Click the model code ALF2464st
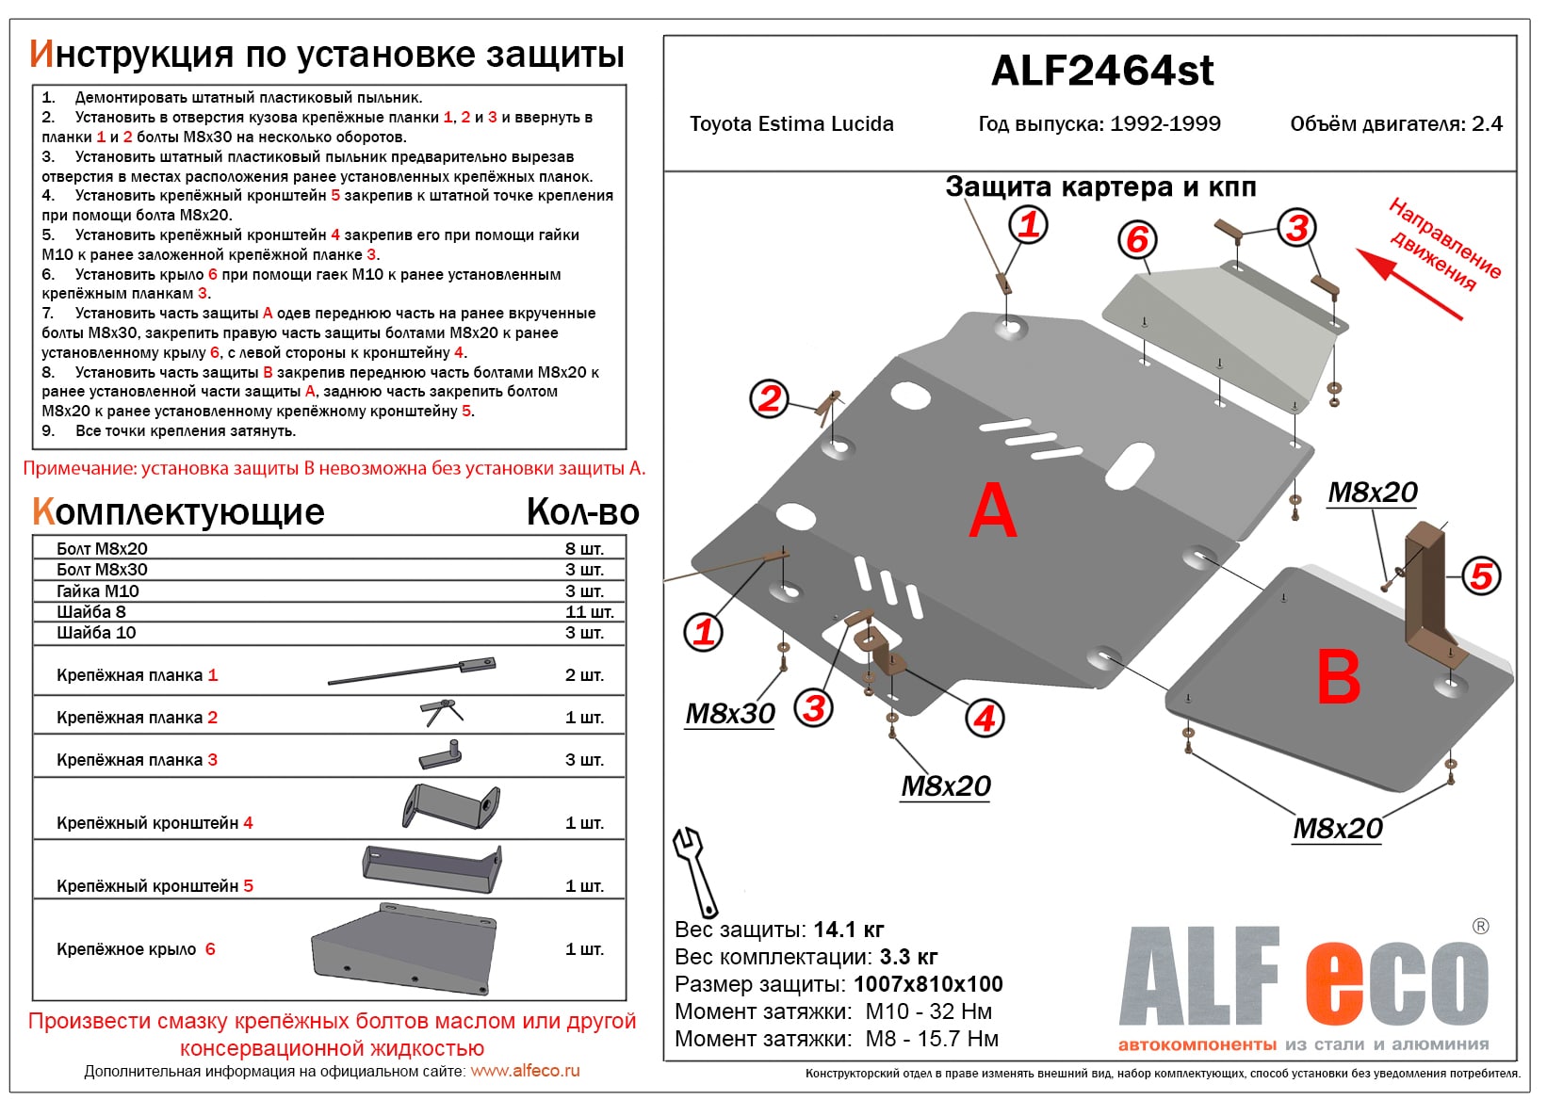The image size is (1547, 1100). pyautogui.click(x=1101, y=72)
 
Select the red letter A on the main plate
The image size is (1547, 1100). pyautogui.click(x=992, y=511)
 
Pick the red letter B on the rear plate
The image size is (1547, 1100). pyautogui.click(x=1338, y=677)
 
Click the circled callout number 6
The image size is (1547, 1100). pyautogui.click(x=1137, y=240)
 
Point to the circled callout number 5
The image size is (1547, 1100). pyautogui.click(x=1481, y=575)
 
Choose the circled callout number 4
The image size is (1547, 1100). pyautogui.click(x=985, y=719)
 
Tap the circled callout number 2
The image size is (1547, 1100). pyautogui.click(x=770, y=398)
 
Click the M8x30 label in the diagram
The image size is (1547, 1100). pyautogui.click(x=730, y=714)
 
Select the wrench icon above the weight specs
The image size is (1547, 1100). pyautogui.click(x=694, y=869)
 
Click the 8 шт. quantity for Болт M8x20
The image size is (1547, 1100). pyautogui.click(x=584, y=549)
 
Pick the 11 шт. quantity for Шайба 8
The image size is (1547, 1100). pyautogui.click(x=589, y=612)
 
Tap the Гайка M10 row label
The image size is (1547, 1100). pyautogui.click(x=98, y=591)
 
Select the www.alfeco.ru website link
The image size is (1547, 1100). pyautogui.click(x=525, y=1072)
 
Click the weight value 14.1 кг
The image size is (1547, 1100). pyautogui.click(x=848, y=930)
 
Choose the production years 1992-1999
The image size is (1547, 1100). pyautogui.click(x=1164, y=124)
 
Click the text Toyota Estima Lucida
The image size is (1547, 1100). pyautogui.click(x=791, y=124)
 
